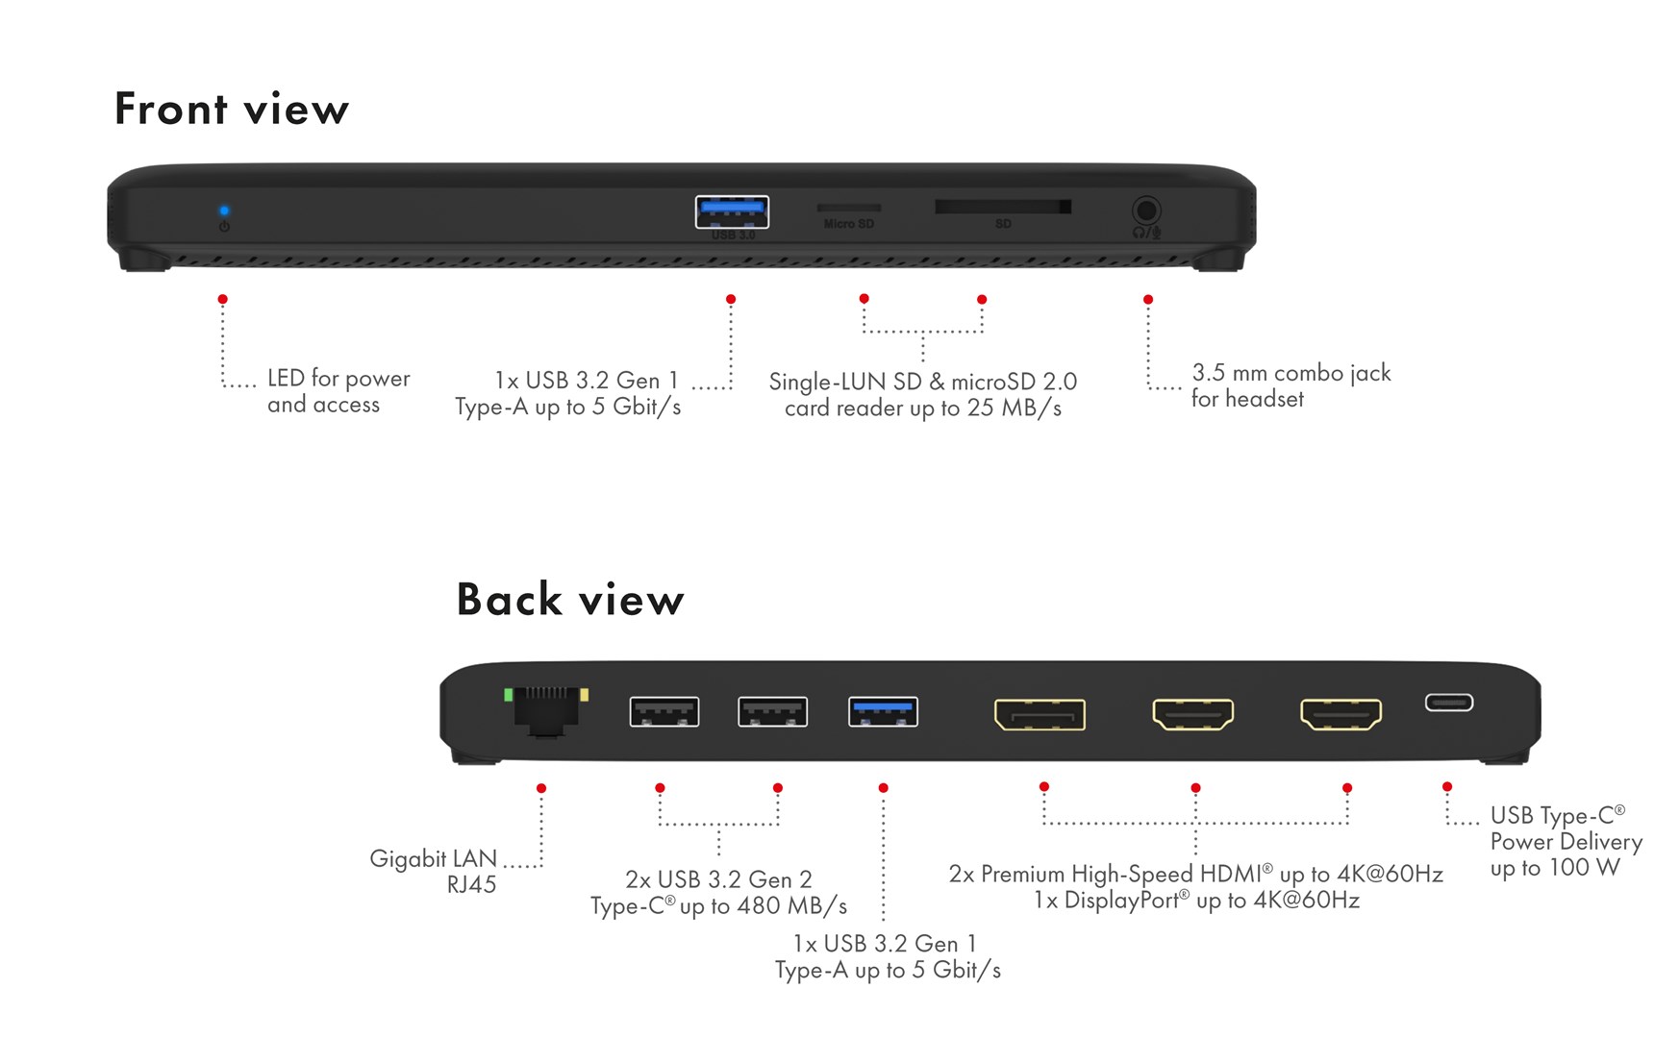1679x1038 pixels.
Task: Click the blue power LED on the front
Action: coord(224,210)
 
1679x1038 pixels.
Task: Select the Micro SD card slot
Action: coord(848,208)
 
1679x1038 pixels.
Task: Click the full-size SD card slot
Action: coord(1002,207)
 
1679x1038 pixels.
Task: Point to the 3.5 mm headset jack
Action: coord(1145,210)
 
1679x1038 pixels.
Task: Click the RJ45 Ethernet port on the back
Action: coord(546,712)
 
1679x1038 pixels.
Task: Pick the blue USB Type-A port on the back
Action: coord(883,712)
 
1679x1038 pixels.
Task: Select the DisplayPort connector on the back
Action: coord(1040,714)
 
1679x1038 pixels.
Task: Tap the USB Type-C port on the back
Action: coord(1448,703)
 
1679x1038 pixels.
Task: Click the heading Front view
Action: coord(232,109)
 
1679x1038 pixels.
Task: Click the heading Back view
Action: coord(570,600)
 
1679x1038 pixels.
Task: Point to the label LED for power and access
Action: coord(338,391)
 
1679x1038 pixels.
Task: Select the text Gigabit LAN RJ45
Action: coord(436,871)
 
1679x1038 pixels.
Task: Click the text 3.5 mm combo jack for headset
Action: coord(1290,385)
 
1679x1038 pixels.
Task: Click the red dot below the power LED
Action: coord(223,300)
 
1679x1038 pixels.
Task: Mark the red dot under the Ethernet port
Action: coord(541,788)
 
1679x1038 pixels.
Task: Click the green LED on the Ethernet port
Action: coord(509,694)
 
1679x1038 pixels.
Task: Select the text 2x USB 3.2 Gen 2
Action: coord(718,879)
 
